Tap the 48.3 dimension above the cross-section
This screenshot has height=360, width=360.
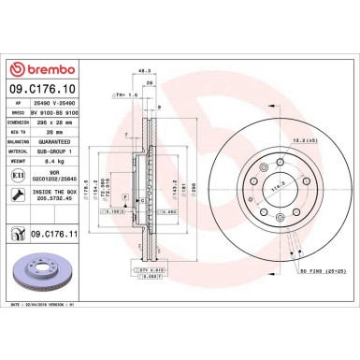tap(144, 95)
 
